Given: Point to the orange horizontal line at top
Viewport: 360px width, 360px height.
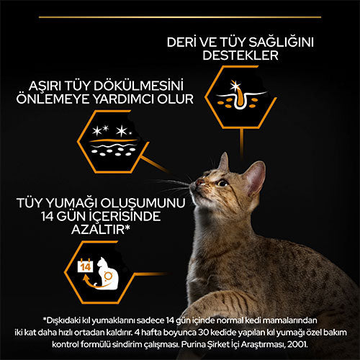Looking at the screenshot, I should pos(180,14).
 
